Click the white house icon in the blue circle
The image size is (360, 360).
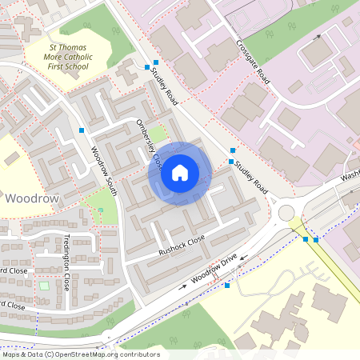(180, 172)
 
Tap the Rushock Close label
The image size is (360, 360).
(182, 243)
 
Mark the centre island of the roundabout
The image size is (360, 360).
(287, 213)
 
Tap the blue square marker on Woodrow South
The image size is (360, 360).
(82, 130)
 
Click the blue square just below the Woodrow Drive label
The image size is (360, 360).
(227, 285)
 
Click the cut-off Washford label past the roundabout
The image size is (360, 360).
(350, 176)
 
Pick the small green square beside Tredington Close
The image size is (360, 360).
(43, 286)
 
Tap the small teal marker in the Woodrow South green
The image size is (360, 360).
(101, 210)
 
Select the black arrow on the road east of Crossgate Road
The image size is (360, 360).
(318, 38)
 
